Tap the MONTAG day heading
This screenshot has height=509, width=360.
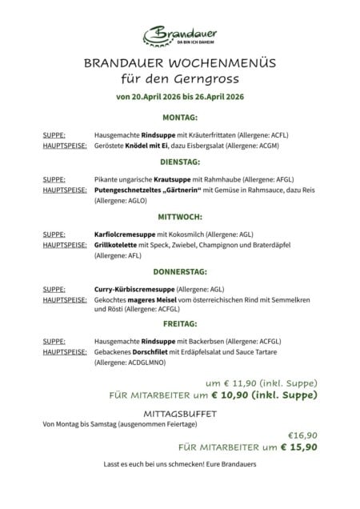click(x=179, y=118)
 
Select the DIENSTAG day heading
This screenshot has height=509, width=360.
click(x=179, y=161)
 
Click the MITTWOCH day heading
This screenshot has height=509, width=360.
click(x=179, y=215)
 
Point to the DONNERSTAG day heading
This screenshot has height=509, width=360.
click(x=179, y=271)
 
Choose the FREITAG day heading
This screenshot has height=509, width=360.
click(x=179, y=324)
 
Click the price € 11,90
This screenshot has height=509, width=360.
click(x=250, y=383)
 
